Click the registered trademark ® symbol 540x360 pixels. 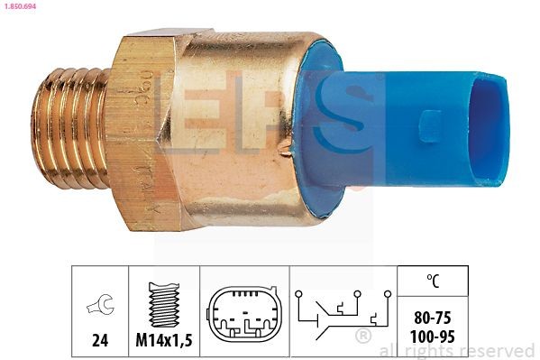363,336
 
